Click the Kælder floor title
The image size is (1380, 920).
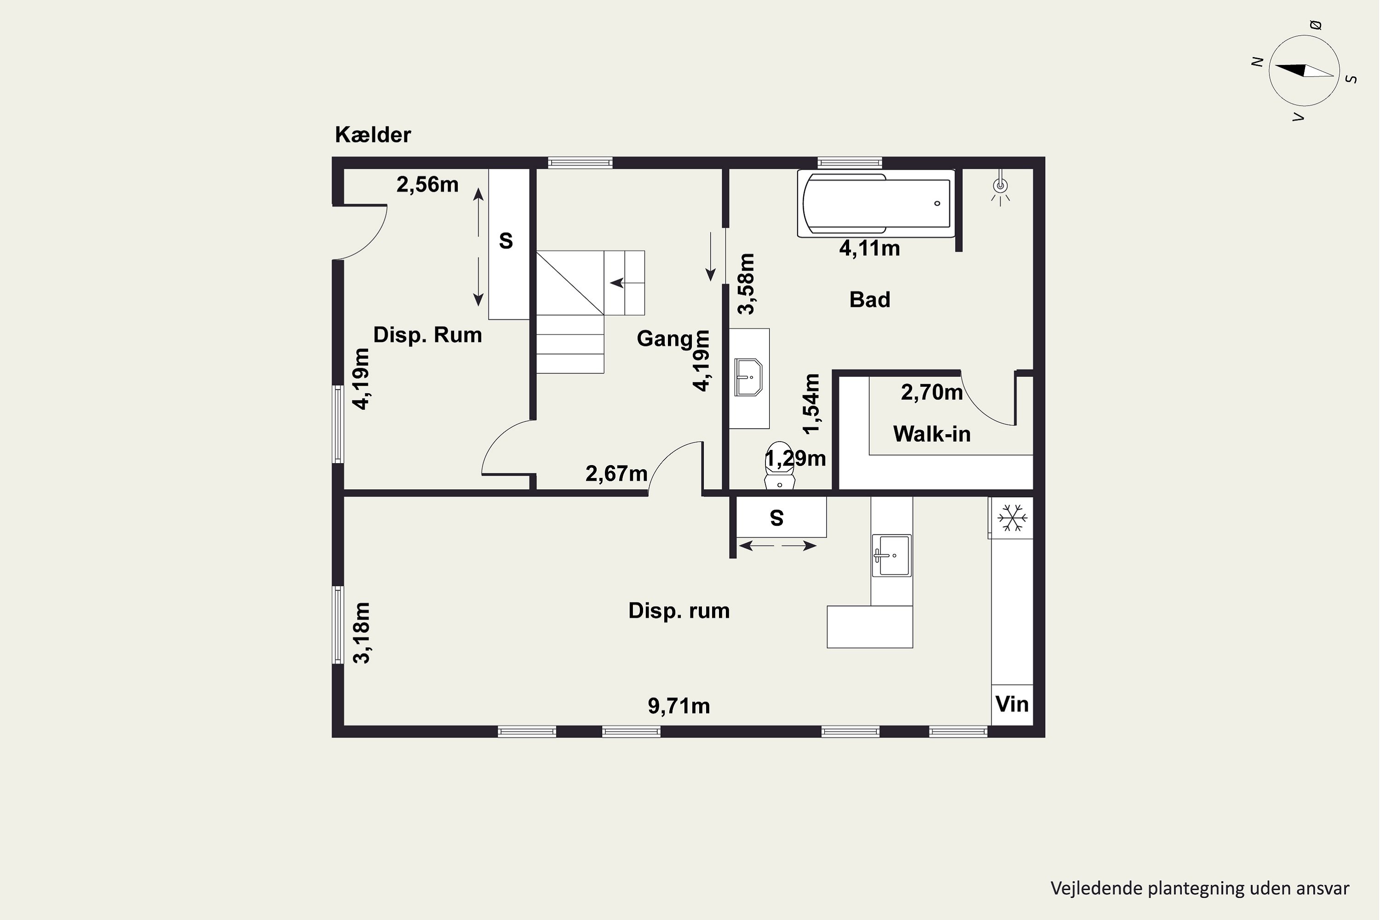[x=373, y=135]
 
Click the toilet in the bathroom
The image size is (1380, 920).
[x=780, y=465]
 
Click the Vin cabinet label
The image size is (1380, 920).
[x=1012, y=704]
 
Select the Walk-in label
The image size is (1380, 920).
[x=932, y=434]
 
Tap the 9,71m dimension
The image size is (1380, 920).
[x=679, y=706]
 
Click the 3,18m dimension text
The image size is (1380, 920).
[x=362, y=632]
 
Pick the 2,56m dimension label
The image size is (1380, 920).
[x=427, y=185]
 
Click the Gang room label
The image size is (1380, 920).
[x=665, y=339]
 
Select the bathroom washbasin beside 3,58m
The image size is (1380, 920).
[x=749, y=377]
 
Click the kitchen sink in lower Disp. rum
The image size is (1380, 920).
[x=891, y=555]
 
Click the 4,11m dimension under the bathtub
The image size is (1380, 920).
[x=869, y=249]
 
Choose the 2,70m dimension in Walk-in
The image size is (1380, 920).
[x=932, y=392]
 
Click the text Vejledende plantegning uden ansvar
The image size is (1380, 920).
[x=1200, y=888]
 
